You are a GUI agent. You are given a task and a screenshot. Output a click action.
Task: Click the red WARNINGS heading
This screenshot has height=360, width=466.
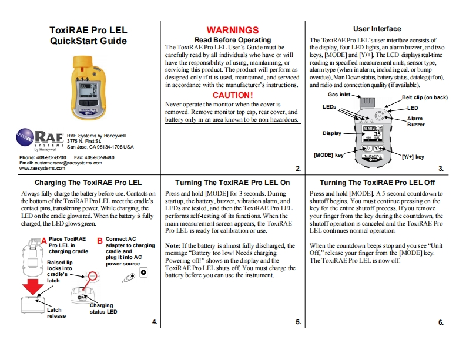coord(232,30)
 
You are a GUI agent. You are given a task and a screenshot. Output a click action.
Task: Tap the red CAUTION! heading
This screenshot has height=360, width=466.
coord(233,95)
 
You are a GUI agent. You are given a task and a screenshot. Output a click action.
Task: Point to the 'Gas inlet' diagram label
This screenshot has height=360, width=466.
coord(338,94)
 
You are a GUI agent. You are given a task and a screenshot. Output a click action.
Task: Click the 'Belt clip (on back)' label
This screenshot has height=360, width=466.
coord(424,97)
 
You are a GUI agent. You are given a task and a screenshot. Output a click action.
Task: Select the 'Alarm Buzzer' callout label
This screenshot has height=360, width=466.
coord(415,122)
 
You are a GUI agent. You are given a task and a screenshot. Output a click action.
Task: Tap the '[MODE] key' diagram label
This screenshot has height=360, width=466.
coord(328,155)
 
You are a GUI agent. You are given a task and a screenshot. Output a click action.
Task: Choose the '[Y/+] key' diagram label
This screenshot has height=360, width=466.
coord(413,157)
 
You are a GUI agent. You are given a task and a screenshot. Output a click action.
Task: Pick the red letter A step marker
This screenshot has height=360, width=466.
coord(43,240)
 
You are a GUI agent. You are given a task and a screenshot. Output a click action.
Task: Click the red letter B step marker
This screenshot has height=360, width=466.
coord(99,240)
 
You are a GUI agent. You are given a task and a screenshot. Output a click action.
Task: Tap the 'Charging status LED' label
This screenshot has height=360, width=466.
coord(103,308)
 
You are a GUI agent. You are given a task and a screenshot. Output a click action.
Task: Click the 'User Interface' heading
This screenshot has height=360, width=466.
coord(377,28)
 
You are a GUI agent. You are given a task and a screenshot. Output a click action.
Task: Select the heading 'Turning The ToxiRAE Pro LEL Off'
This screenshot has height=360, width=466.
coord(377,183)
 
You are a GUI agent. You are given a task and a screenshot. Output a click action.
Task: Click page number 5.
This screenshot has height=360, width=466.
coord(299,322)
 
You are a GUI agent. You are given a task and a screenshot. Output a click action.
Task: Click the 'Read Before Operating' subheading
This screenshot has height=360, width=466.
coord(232,39)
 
